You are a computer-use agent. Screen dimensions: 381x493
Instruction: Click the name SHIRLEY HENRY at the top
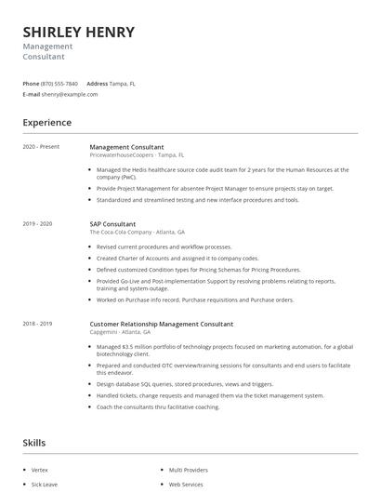[79, 32]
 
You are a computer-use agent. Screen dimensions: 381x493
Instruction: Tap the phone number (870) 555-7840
[59, 83]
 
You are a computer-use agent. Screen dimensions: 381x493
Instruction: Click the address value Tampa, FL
[122, 83]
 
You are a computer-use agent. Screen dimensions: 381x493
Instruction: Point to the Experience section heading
[46, 122]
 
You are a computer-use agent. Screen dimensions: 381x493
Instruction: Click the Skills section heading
[34, 443]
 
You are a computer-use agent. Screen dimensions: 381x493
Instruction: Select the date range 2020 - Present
[41, 147]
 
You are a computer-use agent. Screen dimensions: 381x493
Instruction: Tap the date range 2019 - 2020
[37, 224]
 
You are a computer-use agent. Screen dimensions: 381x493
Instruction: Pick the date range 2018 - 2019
[37, 324]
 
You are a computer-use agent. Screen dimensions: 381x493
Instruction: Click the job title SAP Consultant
[112, 224]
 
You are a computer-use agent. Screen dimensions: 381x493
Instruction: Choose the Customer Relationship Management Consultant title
[161, 324]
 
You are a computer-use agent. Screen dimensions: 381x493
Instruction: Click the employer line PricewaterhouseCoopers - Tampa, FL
[137, 155]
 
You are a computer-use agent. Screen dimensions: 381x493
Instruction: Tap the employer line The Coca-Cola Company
[137, 233]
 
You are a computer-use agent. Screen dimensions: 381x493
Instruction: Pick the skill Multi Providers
[189, 471]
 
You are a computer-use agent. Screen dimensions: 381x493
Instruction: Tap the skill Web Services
[186, 485]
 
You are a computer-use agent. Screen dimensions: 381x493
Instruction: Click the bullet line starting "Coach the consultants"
[158, 406]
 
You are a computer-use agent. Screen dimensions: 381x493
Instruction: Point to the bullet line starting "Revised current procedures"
[164, 246]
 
